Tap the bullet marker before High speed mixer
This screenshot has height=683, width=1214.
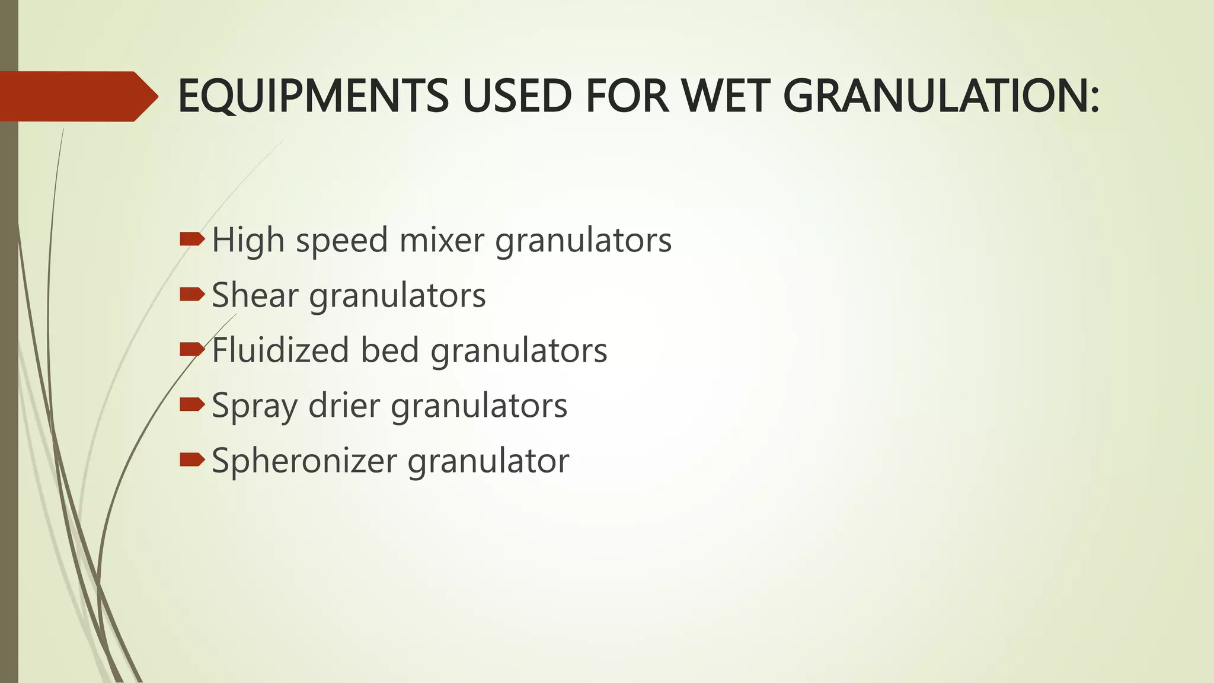coord(191,239)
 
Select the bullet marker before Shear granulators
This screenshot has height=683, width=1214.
coord(191,293)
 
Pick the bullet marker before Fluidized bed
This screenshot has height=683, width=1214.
coord(191,349)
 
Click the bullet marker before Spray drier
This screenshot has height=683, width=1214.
coord(191,404)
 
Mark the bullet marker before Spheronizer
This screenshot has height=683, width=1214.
coord(191,459)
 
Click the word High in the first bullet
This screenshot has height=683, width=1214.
coord(248,240)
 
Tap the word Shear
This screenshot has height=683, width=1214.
coord(255,295)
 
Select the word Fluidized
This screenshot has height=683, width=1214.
coord(280,350)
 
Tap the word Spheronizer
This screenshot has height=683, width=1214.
coord(304,461)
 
